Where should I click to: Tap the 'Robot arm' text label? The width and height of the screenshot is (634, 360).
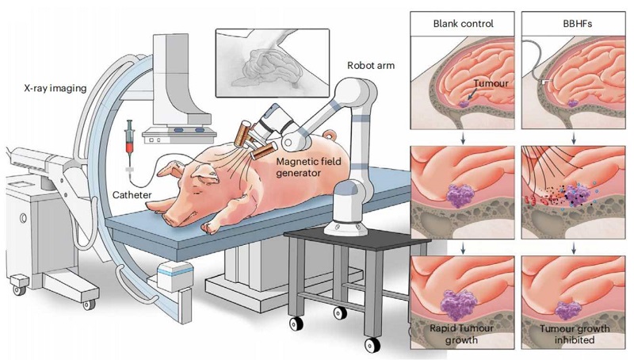(x=369, y=64)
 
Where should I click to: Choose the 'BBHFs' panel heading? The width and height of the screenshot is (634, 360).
(x=573, y=23)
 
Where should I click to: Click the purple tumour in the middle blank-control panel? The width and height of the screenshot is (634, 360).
(x=460, y=195)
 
